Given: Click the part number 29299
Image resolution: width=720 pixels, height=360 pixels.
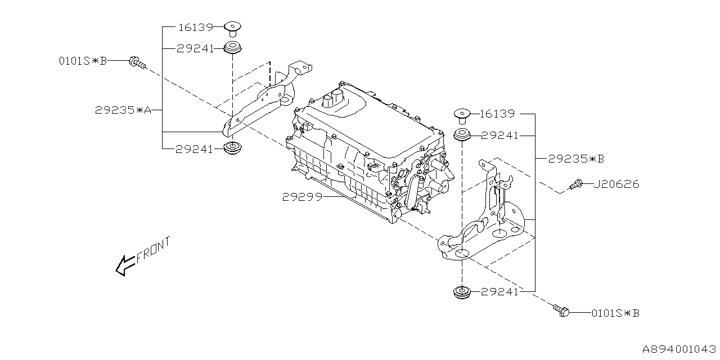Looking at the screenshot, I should (x=301, y=197).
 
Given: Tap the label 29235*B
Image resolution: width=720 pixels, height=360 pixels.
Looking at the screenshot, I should (x=576, y=159).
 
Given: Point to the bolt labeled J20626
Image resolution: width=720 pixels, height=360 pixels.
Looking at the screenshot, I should (x=575, y=184).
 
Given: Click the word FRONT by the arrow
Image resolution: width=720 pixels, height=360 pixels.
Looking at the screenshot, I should (x=153, y=250).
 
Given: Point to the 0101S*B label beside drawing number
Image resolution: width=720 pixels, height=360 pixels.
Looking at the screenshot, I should (x=615, y=313).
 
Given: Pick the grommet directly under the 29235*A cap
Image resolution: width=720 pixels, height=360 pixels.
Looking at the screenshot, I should (x=232, y=48).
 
